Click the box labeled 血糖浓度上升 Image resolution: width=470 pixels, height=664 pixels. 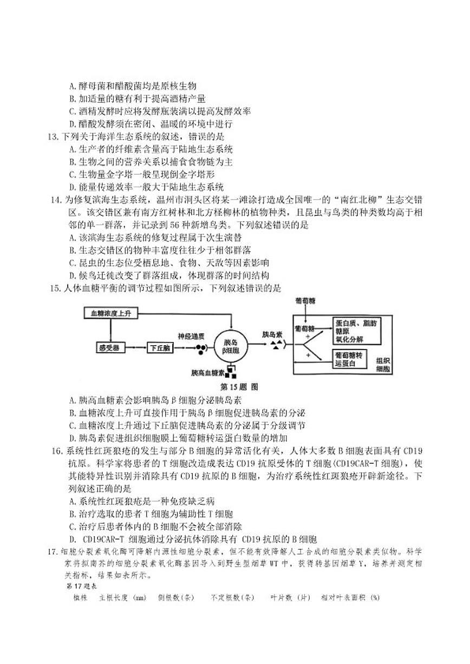[x=108, y=313]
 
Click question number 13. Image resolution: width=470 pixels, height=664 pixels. [x=53, y=137]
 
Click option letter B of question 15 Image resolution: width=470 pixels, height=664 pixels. [x=73, y=413]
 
